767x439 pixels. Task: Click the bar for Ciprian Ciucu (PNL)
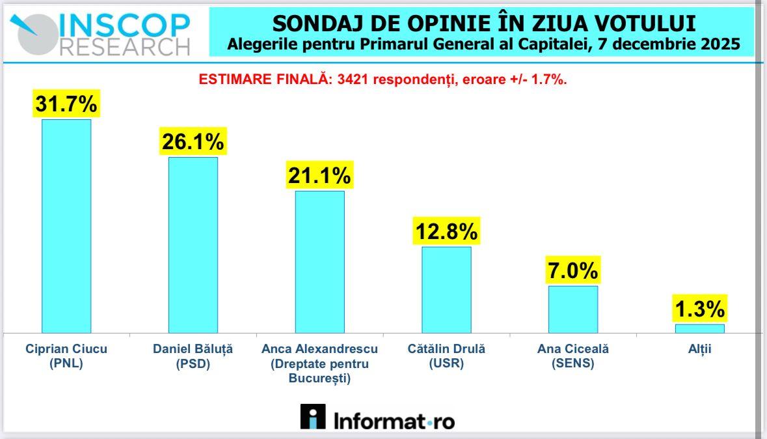(66, 225)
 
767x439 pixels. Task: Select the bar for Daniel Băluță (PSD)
(193, 244)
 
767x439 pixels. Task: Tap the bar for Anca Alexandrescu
(319, 261)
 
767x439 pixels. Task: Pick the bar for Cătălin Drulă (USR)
(446, 289)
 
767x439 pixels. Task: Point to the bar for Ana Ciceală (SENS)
(572, 309)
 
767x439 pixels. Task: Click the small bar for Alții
(699, 328)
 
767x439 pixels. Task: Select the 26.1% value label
(193, 141)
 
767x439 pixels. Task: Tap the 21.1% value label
(319, 175)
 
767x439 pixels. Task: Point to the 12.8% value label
(446, 231)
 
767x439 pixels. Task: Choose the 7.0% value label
(572, 270)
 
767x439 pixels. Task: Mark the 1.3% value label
(699, 308)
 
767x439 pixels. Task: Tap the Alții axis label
(699, 349)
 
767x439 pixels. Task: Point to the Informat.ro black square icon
(313, 417)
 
